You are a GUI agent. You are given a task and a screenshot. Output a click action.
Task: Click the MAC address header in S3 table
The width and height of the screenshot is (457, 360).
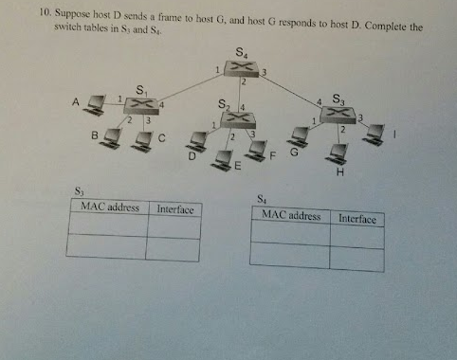[x=111, y=207]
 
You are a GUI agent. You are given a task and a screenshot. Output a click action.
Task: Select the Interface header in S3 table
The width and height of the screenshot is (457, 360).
[x=174, y=207]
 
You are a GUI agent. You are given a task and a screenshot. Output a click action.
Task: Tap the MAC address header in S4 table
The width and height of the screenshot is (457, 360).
[x=290, y=216]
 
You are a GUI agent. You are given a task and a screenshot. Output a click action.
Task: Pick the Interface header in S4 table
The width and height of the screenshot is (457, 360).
[x=357, y=219]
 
